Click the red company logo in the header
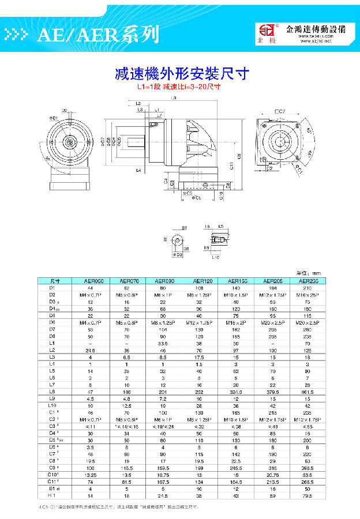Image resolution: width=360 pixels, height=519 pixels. tap(268, 34)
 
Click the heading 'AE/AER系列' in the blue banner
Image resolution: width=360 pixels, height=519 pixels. tap(98, 35)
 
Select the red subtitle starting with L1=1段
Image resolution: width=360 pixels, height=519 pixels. tap(179, 88)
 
